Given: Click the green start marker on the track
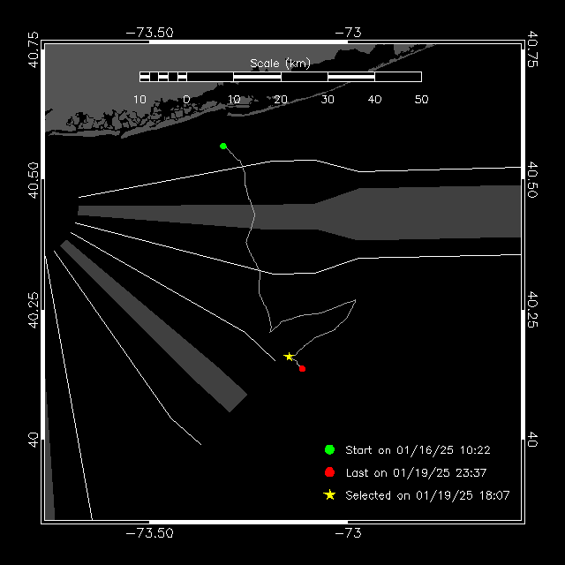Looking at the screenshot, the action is (223, 146).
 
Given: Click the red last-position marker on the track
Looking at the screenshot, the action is (302, 369).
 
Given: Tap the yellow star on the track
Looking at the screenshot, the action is (289, 357).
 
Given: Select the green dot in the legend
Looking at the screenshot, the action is (329, 449).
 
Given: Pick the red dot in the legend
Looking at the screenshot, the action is (329, 472).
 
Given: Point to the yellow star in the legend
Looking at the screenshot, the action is (329, 494).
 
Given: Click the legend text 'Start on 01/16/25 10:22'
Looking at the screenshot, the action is (418, 450).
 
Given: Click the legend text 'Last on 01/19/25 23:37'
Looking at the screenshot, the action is (416, 473).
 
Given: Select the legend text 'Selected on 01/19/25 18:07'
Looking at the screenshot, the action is (427, 495).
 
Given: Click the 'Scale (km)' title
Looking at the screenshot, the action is (280, 64).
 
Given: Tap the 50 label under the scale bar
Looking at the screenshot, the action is (421, 100).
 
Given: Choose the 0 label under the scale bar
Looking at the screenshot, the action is (186, 100).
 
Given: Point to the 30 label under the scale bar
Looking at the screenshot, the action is (328, 100).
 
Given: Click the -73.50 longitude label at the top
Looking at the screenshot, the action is (149, 33).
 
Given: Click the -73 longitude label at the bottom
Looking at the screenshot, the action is (348, 533).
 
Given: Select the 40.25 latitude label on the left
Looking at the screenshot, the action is (34, 310).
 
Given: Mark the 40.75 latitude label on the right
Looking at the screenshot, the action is (532, 49).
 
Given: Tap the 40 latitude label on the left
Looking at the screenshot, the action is (34, 441).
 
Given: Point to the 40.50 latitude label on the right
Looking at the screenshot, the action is (532, 180).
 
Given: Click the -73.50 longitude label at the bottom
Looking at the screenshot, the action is (149, 533).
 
